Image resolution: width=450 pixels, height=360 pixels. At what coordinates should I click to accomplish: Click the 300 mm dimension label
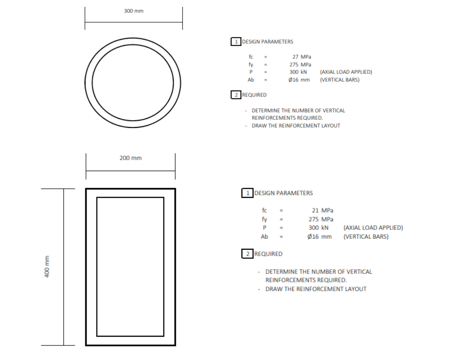(134, 11)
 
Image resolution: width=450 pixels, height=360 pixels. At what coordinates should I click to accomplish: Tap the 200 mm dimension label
(131, 158)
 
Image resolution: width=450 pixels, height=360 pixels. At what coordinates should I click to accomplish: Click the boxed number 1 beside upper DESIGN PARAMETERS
(236, 42)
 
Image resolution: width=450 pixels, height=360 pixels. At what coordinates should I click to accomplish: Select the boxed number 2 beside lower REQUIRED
(247, 254)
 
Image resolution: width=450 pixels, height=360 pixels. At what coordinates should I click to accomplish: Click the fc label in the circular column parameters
(251, 57)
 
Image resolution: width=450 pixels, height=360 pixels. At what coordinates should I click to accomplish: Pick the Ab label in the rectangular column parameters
(265, 236)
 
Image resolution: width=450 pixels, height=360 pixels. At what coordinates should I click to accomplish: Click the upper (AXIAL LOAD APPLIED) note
(346, 72)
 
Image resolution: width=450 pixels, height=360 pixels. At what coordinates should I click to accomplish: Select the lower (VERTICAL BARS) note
(366, 236)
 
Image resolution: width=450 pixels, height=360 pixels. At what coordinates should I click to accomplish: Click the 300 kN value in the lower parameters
(319, 228)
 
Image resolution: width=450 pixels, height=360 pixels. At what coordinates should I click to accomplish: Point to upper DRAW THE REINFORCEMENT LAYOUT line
(296, 126)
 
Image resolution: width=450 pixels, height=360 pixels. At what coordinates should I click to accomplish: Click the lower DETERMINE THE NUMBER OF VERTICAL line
(319, 272)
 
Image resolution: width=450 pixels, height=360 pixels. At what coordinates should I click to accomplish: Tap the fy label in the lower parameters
(265, 219)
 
